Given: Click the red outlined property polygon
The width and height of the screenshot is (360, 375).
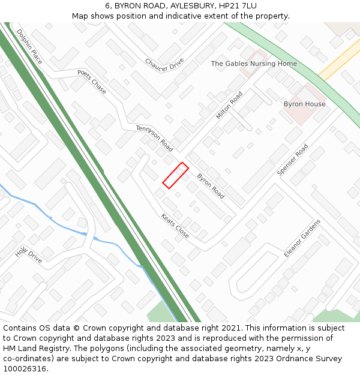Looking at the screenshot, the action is coord(175,175).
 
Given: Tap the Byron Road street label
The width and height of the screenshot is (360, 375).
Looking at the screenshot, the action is coord(211,187).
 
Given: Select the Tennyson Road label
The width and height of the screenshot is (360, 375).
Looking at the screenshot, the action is coord(154,138).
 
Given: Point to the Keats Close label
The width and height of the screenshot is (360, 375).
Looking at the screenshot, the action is coord(175,226).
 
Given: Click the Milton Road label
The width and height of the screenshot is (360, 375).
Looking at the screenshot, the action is coord(229,105).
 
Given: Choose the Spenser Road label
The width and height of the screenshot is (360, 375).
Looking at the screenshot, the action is coord(292,160).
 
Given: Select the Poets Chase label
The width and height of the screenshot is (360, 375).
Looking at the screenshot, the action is coord(92,81).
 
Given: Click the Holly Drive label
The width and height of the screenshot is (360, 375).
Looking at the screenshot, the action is coord(29,255).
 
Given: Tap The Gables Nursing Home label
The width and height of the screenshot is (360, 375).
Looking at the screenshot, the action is coord(254,64).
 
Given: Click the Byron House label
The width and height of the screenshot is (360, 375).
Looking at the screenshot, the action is coord(304,104).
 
